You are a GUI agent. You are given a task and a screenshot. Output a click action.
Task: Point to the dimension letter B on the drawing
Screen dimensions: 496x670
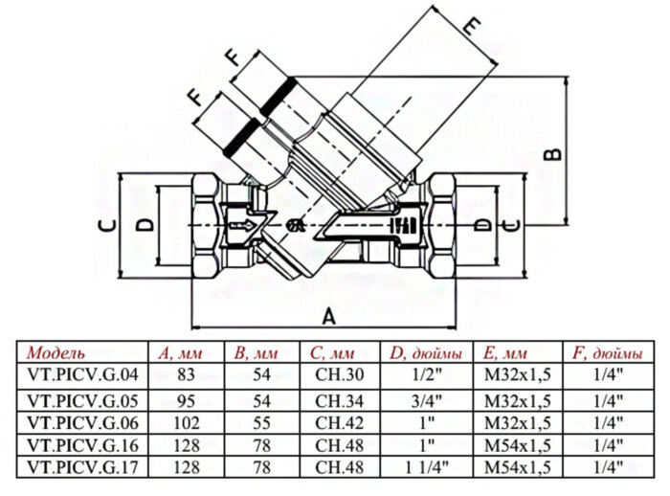point(552,152)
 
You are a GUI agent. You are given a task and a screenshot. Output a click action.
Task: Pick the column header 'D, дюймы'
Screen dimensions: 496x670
point(421,350)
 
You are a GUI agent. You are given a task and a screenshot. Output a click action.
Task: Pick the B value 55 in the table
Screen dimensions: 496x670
point(261,421)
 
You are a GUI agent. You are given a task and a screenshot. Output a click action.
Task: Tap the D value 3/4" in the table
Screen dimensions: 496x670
point(421,397)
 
